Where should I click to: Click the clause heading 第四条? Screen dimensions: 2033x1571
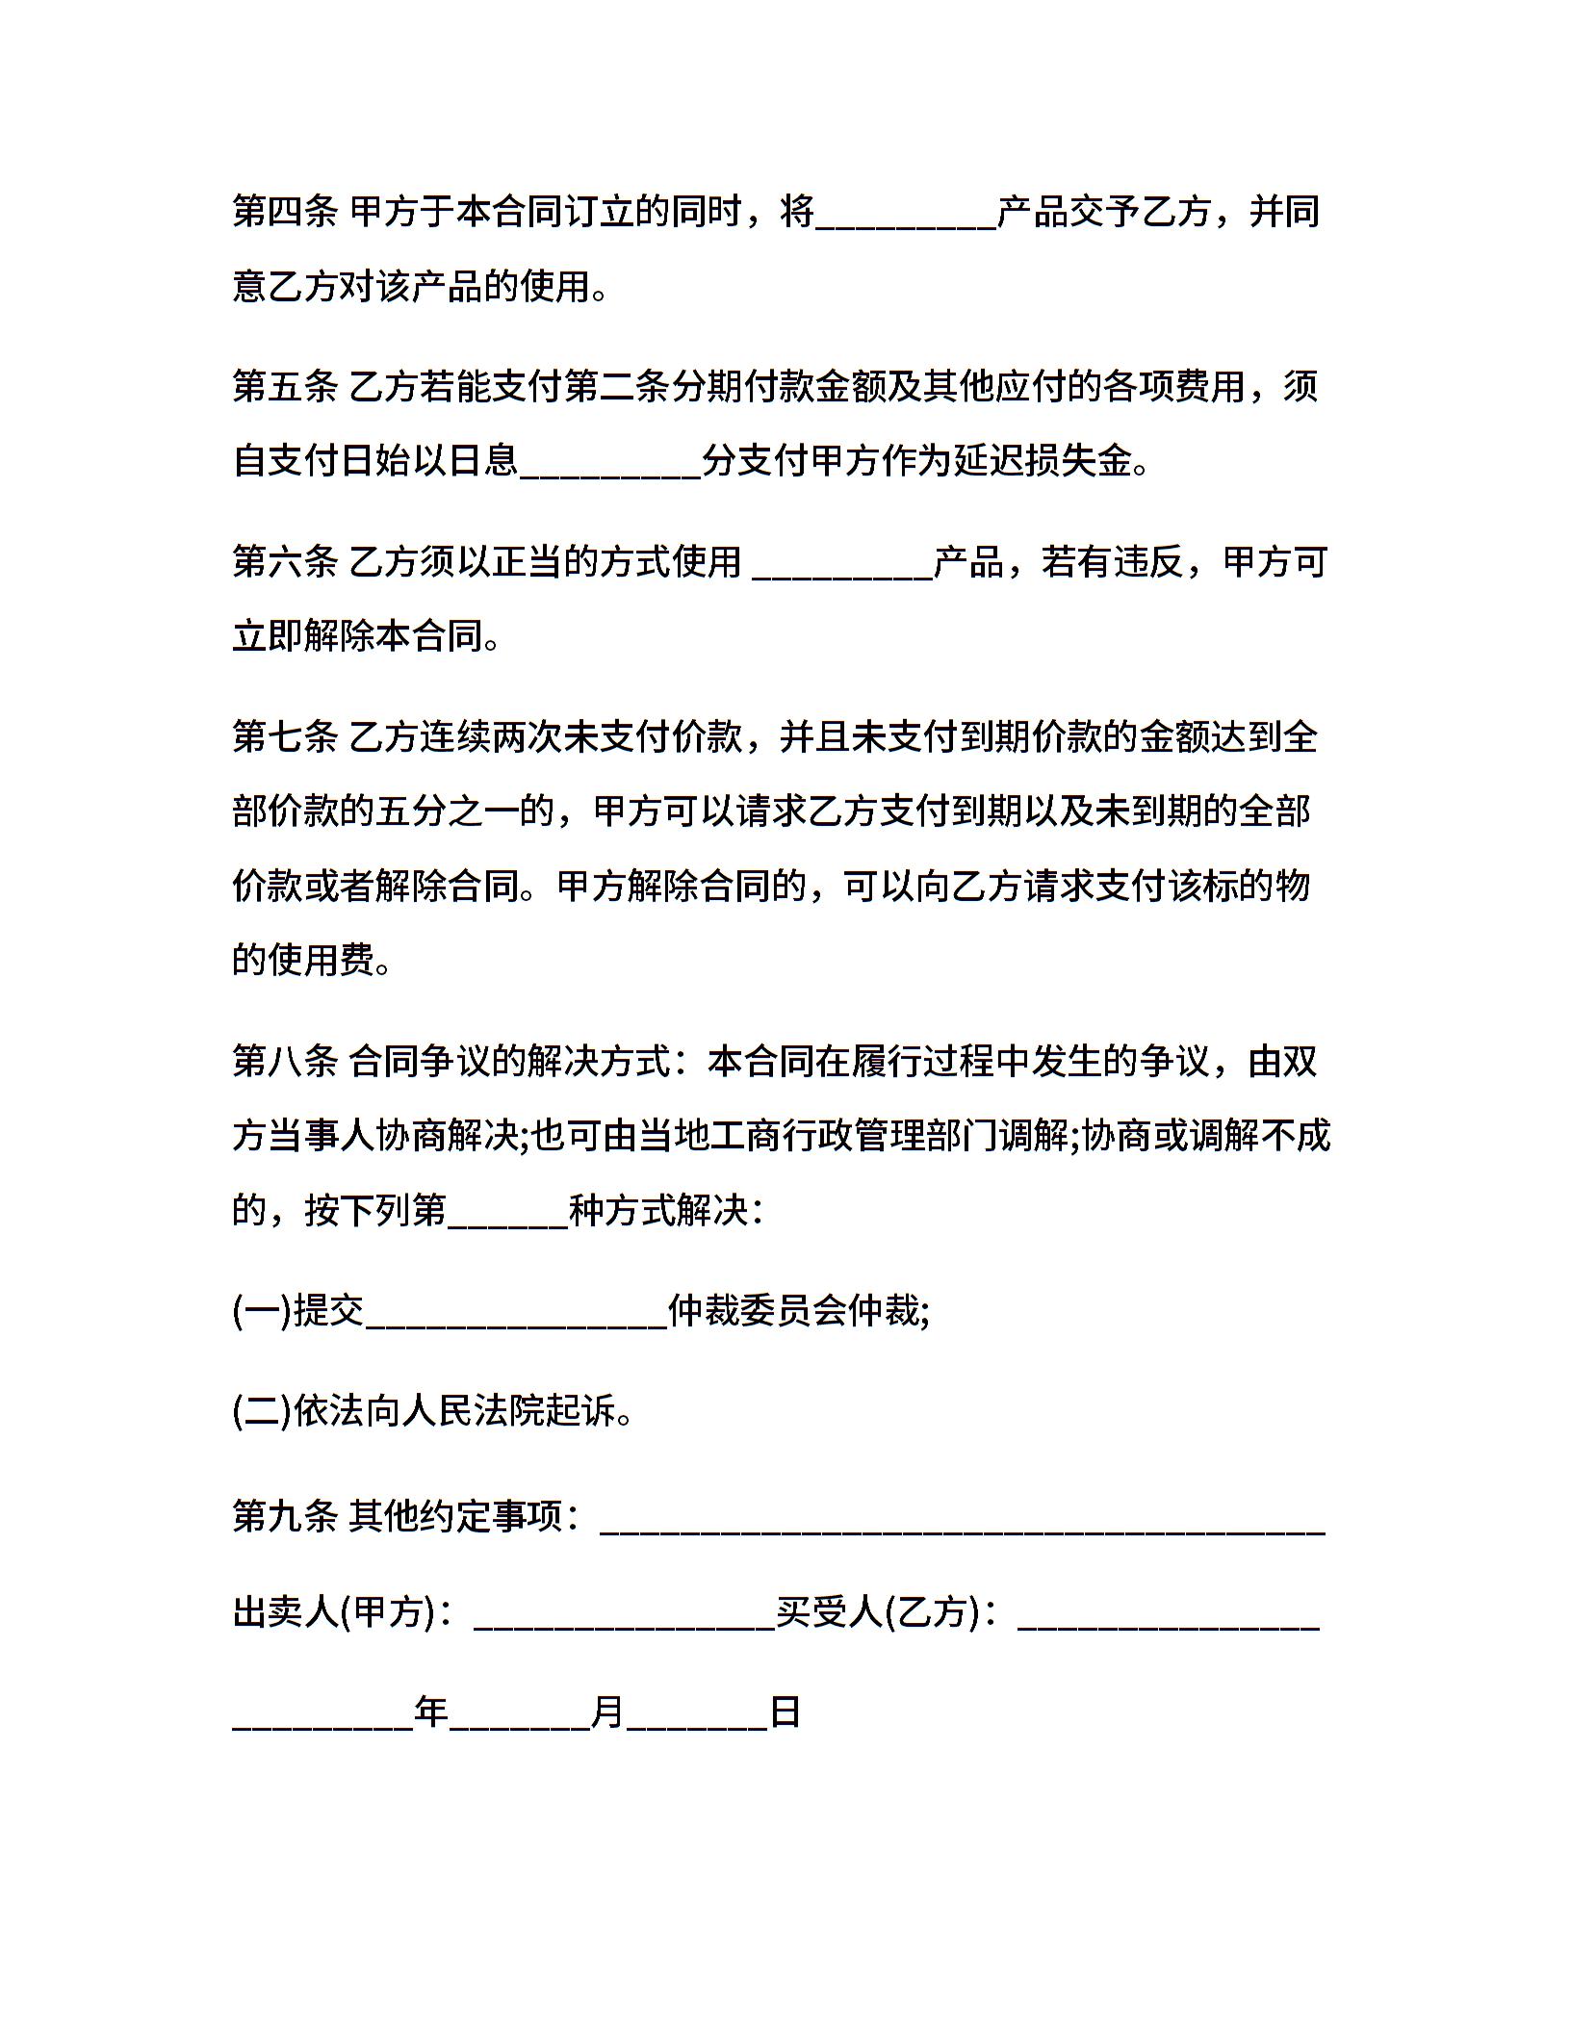(x=284, y=211)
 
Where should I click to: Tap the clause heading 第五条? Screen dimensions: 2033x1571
(x=284, y=386)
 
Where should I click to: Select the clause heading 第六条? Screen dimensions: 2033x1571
(x=284, y=561)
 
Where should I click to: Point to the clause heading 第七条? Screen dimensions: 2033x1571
(x=284, y=736)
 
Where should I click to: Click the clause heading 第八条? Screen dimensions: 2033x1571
(x=284, y=1062)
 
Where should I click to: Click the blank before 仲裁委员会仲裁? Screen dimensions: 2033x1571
(x=517, y=1321)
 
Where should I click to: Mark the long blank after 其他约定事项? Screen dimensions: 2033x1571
(x=963, y=1526)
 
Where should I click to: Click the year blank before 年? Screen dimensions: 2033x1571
(x=323, y=1724)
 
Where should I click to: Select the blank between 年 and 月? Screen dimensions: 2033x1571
(x=520, y=1724)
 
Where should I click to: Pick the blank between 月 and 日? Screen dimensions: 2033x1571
(x=697, y=1724)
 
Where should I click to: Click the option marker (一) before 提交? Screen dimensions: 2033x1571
(x=262, y=1310)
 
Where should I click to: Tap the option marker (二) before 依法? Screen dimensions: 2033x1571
(x=262, y=1410)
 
